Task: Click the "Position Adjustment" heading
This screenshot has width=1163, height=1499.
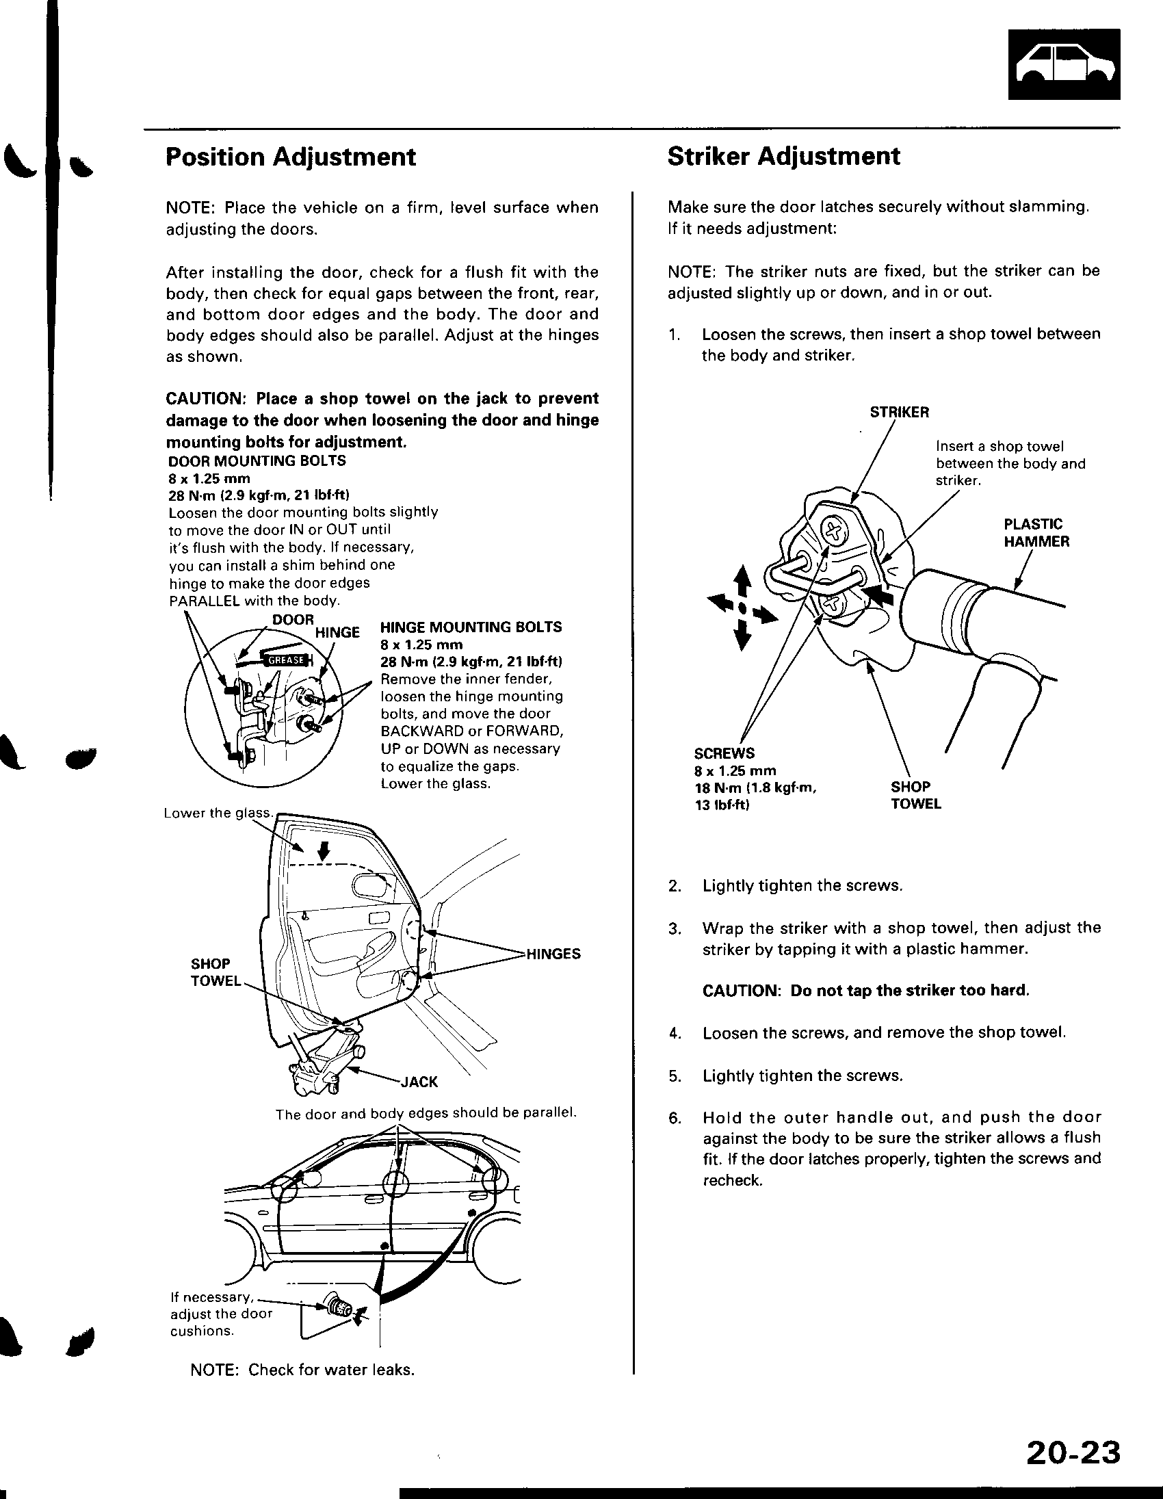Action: [290, 157]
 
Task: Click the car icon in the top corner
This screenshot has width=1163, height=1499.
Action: [1064, 65]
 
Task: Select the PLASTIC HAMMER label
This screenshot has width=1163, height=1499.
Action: [1036, 532]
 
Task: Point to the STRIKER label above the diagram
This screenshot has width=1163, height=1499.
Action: [899, 413]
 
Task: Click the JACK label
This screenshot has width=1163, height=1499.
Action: [419, 1082]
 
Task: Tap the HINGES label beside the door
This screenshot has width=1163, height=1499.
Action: [553, 954]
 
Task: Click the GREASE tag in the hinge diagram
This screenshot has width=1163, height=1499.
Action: [285, 660]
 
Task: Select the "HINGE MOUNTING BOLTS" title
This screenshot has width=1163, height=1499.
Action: [471, 627]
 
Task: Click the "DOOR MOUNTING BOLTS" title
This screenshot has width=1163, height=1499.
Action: [257, 461]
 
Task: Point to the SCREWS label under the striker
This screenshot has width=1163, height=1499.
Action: [724, 753]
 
